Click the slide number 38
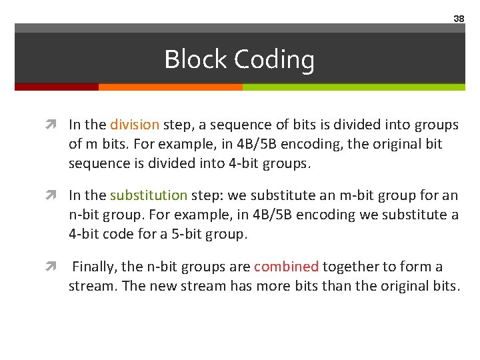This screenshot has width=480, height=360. (x=459, y=19)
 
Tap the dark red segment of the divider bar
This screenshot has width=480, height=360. (x=57, y=87)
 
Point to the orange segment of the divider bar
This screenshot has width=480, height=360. (x=170, y=87)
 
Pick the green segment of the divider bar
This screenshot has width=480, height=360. (x=353, y=87)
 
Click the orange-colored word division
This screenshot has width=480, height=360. (x=135, y=125)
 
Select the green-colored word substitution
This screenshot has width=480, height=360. (x=149, y=195)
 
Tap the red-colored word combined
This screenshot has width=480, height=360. (x=286, y=267)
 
